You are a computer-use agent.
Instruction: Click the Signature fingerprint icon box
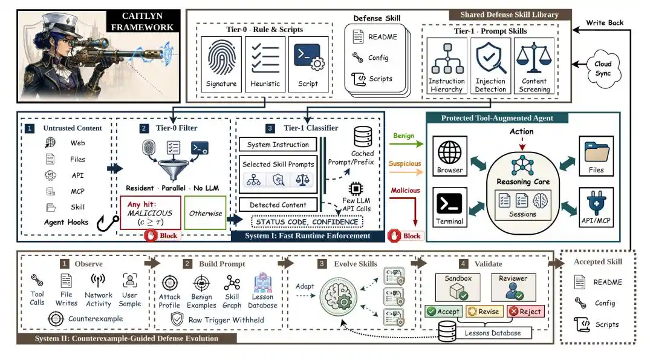221,64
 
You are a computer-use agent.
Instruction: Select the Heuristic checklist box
265,64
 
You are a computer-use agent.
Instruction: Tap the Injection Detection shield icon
490,58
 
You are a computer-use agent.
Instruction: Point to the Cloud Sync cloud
603,69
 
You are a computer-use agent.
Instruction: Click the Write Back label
605,22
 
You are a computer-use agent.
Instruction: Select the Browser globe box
450,156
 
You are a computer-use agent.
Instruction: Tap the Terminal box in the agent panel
450,207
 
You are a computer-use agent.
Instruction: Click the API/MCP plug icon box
596,207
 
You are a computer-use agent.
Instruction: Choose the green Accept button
444,311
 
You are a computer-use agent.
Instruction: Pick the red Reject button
525,311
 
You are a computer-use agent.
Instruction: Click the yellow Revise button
484,311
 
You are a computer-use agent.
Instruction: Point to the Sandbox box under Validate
458,287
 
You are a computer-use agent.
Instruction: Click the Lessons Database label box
493,333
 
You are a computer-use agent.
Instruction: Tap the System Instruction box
278,145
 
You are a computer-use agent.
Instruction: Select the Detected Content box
278,205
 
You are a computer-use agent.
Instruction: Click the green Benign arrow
406,144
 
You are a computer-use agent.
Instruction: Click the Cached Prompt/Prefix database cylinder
363,137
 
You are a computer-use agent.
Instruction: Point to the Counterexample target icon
56,319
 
